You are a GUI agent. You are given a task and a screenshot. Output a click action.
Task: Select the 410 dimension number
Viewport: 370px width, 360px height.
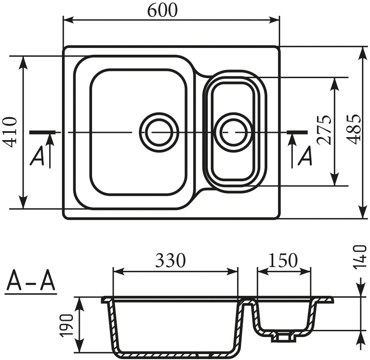tap(10, 132)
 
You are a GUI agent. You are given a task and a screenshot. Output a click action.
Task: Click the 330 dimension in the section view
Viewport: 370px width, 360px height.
tap(170, 260)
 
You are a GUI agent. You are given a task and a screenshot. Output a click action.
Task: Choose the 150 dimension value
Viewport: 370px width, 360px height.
tap(283, 260)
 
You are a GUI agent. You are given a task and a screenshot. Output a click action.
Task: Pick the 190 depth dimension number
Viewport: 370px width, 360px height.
tap(67, 325)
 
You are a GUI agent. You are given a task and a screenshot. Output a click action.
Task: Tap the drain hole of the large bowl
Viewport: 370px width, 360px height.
tap(159, 132)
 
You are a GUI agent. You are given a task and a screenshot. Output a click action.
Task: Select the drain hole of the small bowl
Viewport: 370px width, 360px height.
tap(233, 132)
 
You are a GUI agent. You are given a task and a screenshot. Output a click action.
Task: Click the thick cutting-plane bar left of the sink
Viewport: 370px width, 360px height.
tap(42, 132)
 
